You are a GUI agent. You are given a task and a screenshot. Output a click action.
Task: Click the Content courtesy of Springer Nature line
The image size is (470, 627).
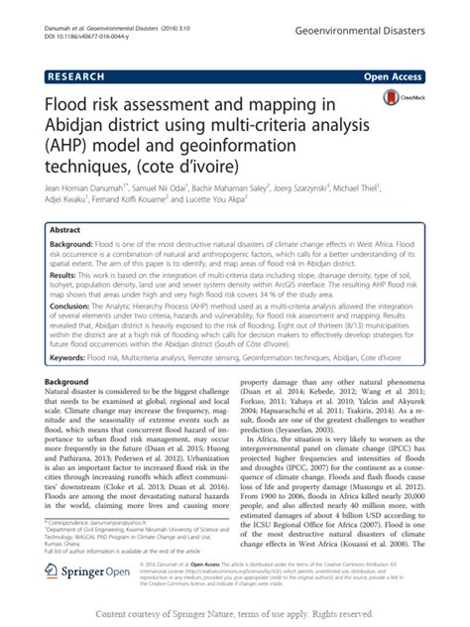coord(234,612)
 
